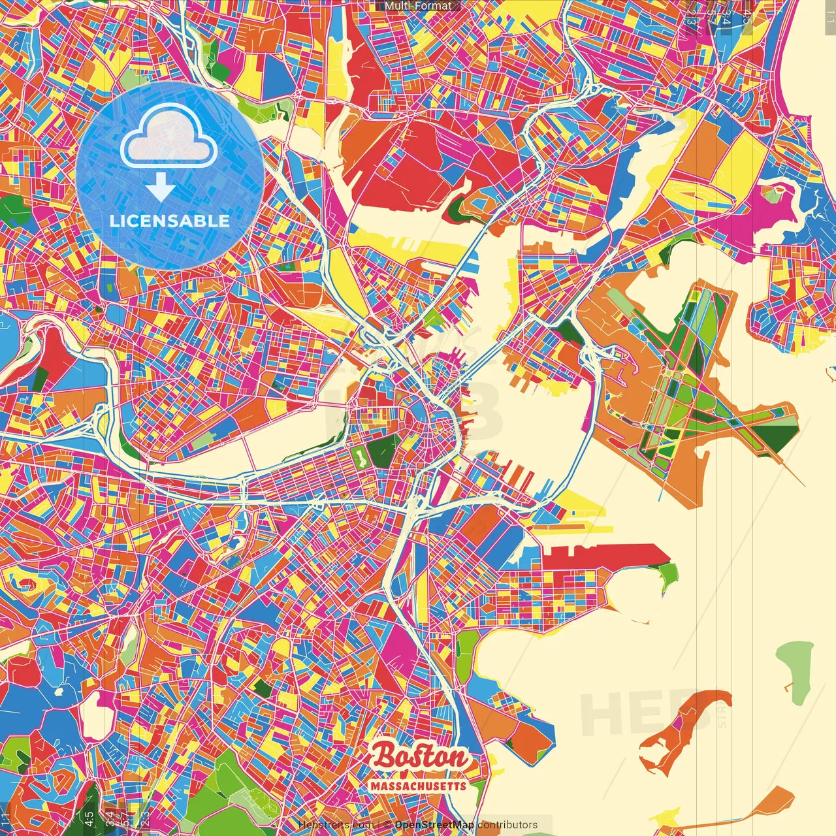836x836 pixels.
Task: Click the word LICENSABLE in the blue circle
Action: coord(170,221)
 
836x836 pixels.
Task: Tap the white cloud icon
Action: coord(169,138)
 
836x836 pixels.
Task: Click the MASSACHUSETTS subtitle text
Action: coord(419,786)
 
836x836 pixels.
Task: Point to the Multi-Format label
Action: coord(418,6)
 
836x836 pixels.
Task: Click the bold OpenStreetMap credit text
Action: coord(434,825)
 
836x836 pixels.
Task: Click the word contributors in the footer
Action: coord(507,825)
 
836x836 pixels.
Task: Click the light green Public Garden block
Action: coord(359,455)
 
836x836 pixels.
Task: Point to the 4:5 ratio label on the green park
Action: coord(89,817)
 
